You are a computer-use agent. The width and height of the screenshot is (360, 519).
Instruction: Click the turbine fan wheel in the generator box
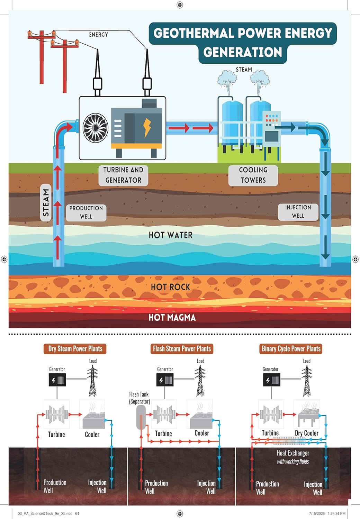point(96,128)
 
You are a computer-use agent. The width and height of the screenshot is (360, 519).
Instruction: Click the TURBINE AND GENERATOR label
point(123,175)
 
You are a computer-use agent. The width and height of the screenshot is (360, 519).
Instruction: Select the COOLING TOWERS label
point(253,175)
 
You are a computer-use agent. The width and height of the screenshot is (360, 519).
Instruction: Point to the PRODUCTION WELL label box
point(86,212)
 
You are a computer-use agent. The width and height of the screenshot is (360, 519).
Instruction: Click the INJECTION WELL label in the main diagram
point(298,211)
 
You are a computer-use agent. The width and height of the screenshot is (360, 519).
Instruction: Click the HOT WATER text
point(170,235)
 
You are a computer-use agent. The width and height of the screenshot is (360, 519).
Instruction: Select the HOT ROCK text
point(170,287)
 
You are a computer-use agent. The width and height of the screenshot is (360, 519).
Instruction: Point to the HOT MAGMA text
point(172,318)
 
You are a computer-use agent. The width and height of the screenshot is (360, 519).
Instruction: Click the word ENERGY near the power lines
point(98,35)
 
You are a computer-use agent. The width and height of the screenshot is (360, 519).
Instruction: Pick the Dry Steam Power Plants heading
point(75,349)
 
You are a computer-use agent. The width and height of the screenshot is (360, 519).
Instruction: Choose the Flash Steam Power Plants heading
point(182,349)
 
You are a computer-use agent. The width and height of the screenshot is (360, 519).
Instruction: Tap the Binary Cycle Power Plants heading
point(291,349)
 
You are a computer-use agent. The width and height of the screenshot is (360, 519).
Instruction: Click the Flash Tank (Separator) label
point(139,398)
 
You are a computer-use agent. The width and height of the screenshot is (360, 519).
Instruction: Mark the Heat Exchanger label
point(293,453)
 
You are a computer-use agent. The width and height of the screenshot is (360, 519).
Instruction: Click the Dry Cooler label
point(306,433)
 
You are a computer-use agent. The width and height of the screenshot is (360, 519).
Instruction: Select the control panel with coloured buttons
point(272,126)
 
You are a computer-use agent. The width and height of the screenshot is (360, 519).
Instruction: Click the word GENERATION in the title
point(243,52)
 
